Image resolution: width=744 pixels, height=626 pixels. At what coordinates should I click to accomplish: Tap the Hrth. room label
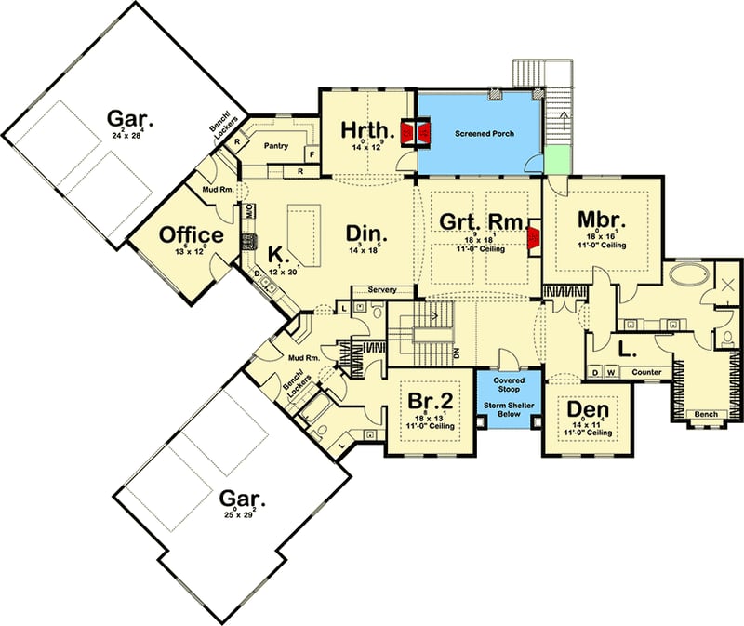[x=367, y=130]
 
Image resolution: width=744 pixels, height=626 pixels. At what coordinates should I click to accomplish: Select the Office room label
[x=192, y=235]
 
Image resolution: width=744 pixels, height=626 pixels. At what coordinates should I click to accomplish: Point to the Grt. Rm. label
[x=472, y=222]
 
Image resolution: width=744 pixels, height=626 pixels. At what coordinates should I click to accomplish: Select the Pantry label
[x=275, y=146]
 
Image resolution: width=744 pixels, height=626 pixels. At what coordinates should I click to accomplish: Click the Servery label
[x=382, y=290]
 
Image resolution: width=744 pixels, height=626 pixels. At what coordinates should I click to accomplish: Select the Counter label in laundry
[x=646, y=373]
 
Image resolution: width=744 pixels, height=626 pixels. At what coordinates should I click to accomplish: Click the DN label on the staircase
[x=456, y=354]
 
